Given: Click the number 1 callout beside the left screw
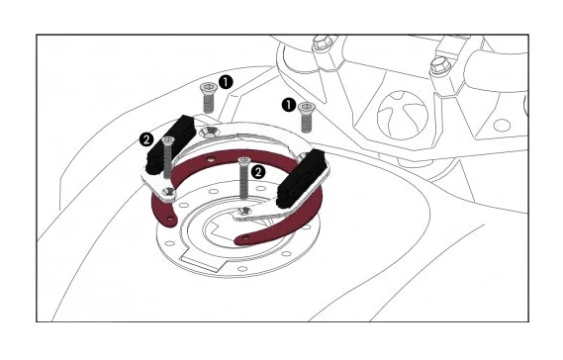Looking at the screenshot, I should [x=226, y=83].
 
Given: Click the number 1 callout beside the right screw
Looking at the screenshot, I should [x=288, y=102].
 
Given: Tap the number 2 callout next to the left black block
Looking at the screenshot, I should [x=147, y=139].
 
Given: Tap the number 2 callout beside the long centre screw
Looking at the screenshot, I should [x=258, y=171].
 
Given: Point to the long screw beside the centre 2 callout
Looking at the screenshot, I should [x=242, y=184].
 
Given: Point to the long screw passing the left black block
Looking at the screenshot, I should [x=168, y=163].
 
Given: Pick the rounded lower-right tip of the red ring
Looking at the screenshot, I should [x=240, y=238].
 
